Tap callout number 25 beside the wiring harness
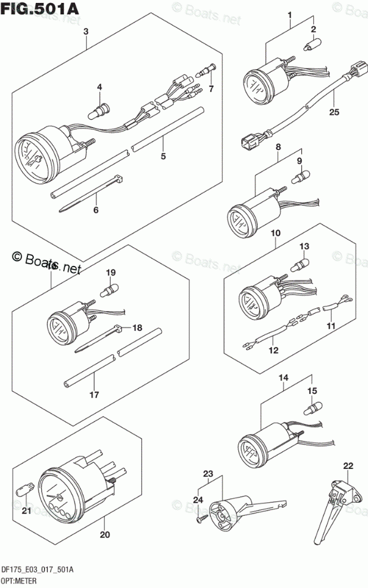(x=332, y=111)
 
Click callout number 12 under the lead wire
(x=273, y=351)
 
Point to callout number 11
(x=330, y=326)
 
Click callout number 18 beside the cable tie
(x=138, y=327)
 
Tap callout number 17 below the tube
(x=95, y=394)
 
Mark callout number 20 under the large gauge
(x=105, y=534)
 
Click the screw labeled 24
(x=200, y=518)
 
